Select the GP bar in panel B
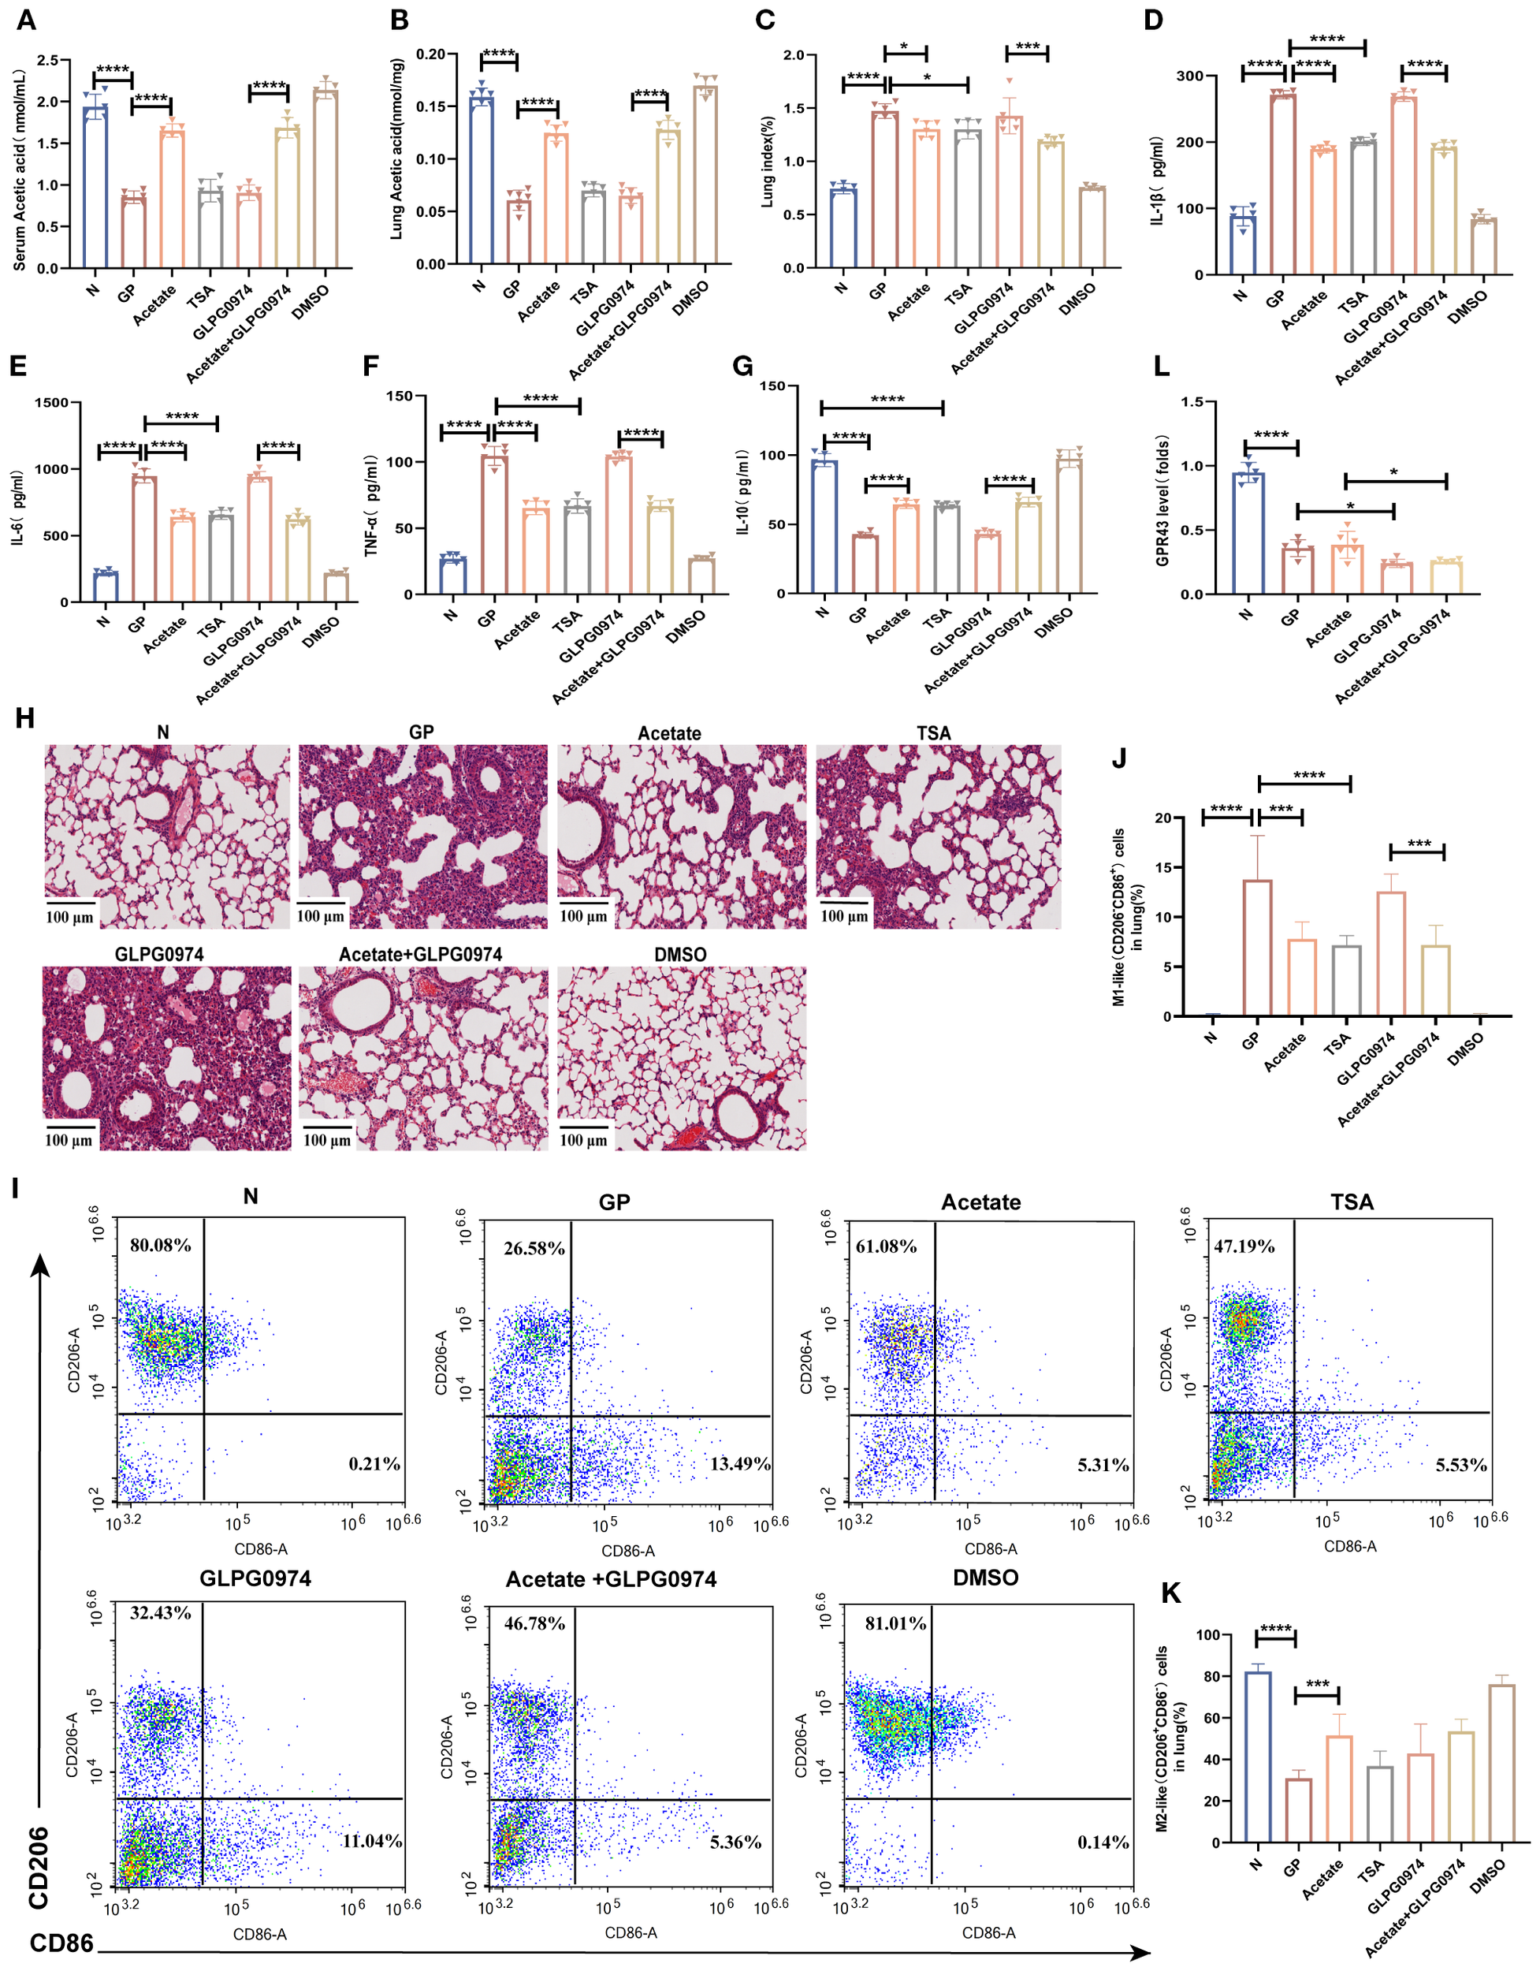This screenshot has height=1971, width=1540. tap(519, 232)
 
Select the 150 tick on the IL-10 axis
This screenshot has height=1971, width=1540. tap(772, 386)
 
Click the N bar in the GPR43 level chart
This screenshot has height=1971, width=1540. tap(1248, 532)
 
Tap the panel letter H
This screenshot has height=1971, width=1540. tap(25, 718)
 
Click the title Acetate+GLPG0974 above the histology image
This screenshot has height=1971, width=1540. tap(420, 955)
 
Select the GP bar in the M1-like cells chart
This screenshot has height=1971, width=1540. tap(1258, 948)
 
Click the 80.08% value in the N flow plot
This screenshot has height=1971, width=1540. tap(161, 1246)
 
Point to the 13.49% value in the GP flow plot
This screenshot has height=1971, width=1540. tap(740, 1464)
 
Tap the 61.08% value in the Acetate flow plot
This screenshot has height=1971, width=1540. tap(886, 1246)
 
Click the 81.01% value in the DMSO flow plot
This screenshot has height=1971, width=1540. tap(895, 1623)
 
